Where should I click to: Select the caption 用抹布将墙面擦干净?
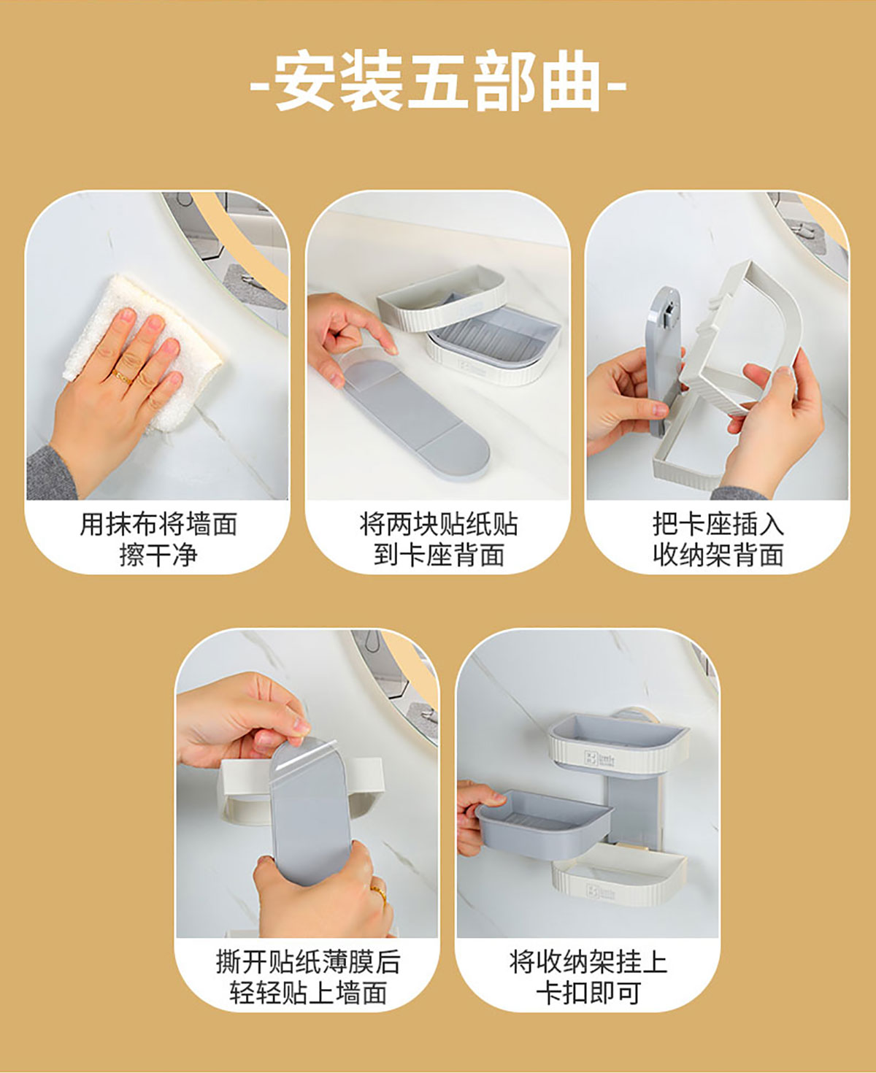tap(158, 539)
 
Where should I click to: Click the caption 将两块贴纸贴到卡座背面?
tap(438, 539)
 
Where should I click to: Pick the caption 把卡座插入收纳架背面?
tap(718, 539)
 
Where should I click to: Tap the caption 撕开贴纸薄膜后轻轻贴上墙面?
tap(308, 978)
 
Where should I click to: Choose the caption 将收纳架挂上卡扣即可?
tap(588, 978)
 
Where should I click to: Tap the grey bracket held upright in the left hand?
tap(663, 361)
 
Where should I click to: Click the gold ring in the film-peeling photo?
tap(379, 893)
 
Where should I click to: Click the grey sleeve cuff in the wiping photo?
tap(51, 473)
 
